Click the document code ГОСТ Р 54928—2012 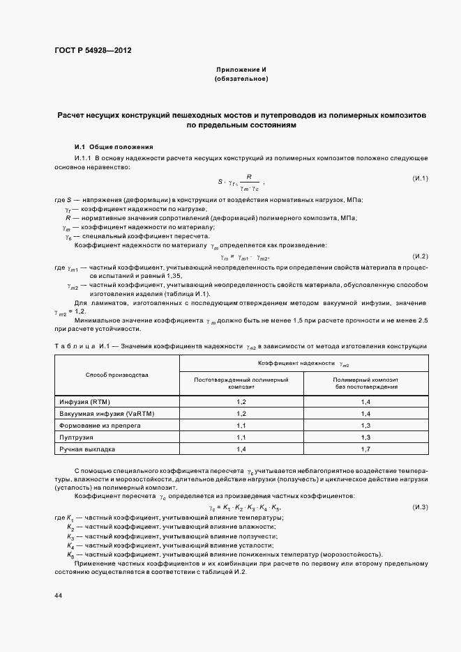pos(92,50)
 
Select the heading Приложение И pos(241,70)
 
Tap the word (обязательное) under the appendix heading pos(241,79)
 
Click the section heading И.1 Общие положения pos(113,147)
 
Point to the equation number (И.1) pos(420,179)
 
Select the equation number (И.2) pos(420,256)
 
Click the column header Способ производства pos(117,375)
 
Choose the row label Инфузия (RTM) pos(84,403)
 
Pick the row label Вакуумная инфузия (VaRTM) pos(106,414)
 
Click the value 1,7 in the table pos(365,449)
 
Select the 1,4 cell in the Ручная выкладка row pos(241,449)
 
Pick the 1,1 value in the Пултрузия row pos(241,437)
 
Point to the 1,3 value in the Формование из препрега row pos(365,425)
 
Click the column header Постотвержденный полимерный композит pos(241,382)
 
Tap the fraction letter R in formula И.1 pos(248,177)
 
